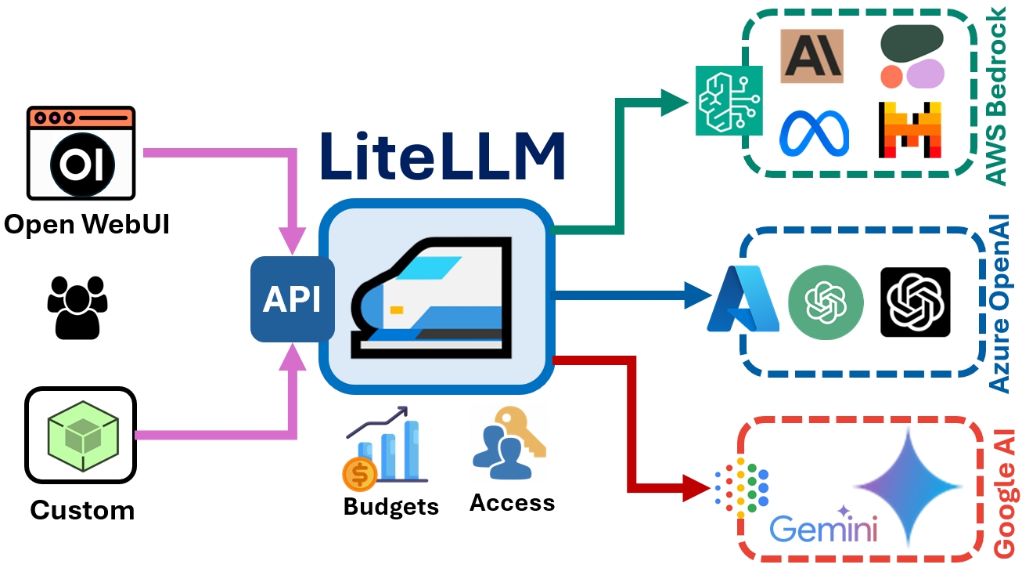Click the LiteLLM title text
pyautogui.click(x=441, y=157)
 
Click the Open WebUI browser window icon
pyautogui.click(x=81, y=153)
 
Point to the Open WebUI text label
pyautogui.click(x=87, y=225)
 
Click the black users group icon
pyautogui.click(x=77, y=306)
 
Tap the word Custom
pyautogui.click(x=82, y=511)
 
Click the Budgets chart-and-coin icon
pyautogui.click(x=383, y=448)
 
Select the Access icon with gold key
pyautogui.click(x=508, y=443)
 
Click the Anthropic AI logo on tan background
pyautogui.click(x=811, y=56)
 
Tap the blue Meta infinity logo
pyautogui.click(x=813, y=132)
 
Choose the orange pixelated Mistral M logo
pyautogui.click(x=909, y=130)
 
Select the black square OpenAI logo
pyautogui.click(x=915, y=302)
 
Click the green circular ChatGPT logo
pyautogui.click(x=826, y=302)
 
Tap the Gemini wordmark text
pyautogui.click(x=823, y=530)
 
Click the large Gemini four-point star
pyautogui.click(x=908, y=487)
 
